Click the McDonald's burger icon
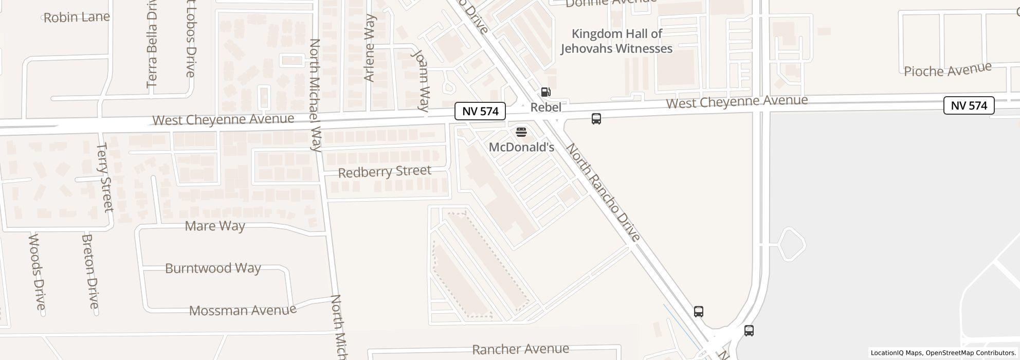point(521,133)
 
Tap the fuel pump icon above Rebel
point(545,93)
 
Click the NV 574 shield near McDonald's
point(480,111)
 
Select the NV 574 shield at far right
point(969,105)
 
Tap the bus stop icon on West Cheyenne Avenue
point(596,119)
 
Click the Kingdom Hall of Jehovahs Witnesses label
point(616,41)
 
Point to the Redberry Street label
point(385,171)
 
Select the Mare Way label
point(215,226)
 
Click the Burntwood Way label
point(213,268)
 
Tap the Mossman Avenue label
point(243,310)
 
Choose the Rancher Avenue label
point(520,349)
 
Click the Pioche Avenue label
point(948,70)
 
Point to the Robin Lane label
point(77,17)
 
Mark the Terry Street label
point(104,177)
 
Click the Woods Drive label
point(37,272)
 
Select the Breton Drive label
point(90,272)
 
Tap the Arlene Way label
point(369,48)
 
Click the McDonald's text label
point(521,147)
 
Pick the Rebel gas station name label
point(545,107)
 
